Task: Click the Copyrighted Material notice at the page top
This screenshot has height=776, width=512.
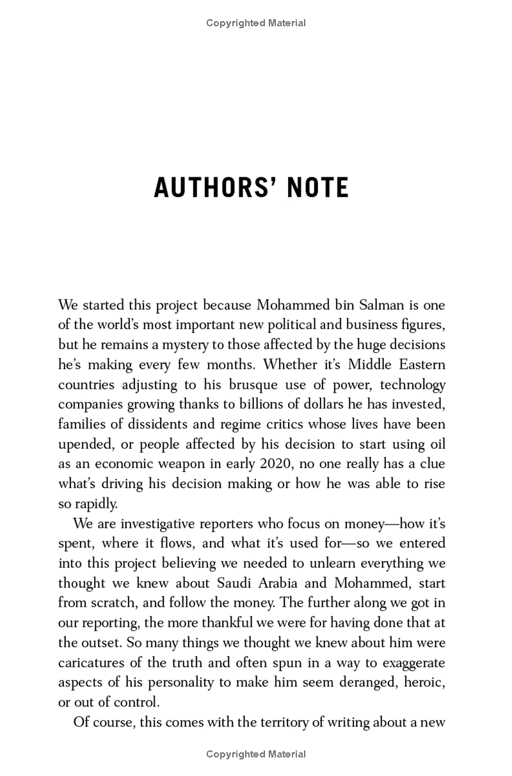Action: click(x=256, y=23)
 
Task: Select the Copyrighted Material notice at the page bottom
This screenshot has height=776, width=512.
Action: click(x=256, y=754)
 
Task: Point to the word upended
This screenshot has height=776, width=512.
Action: click(x=82, y=444)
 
